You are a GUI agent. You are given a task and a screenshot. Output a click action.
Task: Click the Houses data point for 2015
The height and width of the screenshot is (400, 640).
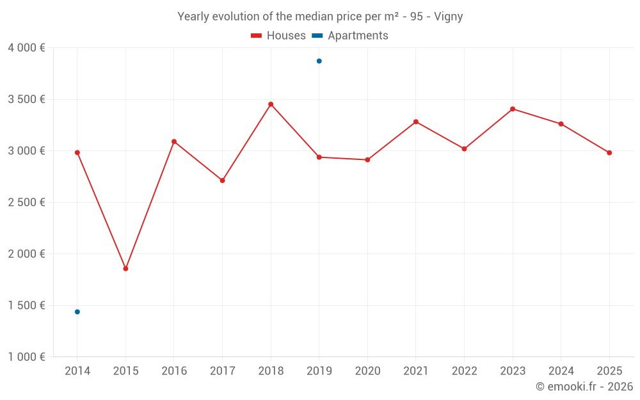coord(125,269)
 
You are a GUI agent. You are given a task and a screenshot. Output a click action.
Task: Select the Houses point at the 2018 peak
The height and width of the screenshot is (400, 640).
coord(271,104)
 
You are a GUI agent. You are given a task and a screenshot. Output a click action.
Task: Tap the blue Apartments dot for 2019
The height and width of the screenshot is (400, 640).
coord(319,61)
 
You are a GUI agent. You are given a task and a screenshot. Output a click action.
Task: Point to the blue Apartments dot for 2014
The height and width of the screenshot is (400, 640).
coord(77,312)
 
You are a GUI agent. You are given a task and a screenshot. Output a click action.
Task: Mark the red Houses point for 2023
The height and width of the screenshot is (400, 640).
coord(513,109)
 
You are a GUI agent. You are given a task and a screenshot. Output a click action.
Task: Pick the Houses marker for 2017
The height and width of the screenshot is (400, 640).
coord(222,180)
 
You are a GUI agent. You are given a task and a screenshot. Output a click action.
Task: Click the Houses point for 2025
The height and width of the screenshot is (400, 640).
coord(609,153)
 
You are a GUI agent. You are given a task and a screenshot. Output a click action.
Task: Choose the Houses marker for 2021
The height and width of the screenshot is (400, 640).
coord(416,122)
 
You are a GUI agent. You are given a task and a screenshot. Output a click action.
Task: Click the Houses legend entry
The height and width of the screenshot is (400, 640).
coord(278,36)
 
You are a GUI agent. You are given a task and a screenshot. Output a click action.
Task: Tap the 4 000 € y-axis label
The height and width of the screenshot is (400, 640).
coord(26,48)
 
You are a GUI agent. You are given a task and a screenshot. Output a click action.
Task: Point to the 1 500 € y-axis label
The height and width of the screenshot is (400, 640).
coord(26,305)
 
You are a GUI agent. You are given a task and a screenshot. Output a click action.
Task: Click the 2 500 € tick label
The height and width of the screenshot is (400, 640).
coord(26,202)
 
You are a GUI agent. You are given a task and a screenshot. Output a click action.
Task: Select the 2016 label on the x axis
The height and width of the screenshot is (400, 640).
coord(174,371)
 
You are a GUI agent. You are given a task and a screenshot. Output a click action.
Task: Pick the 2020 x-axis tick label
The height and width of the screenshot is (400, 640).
coord(367,371)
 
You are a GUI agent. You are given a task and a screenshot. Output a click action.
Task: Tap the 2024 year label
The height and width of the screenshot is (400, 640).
coord(561,371)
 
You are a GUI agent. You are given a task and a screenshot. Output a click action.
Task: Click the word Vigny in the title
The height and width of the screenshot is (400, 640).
coord(448,17)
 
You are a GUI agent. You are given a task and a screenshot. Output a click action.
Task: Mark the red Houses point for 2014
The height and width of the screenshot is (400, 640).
coord(77,152)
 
